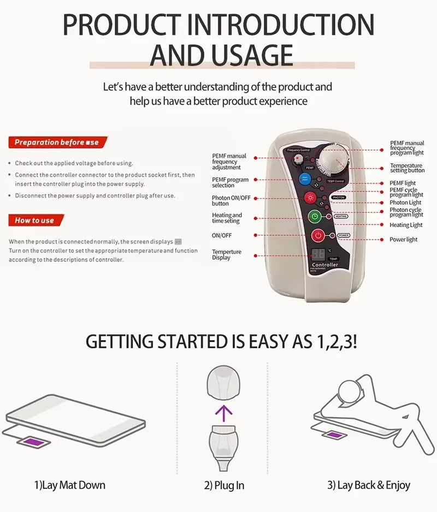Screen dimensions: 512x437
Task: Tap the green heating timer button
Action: coord(314,216)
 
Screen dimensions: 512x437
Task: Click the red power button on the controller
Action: coord(318,236)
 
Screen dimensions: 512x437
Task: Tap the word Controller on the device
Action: coord(324,265)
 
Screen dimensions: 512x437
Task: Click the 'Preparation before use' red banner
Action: coord(57,142)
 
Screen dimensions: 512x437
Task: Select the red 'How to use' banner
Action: coord(36,221)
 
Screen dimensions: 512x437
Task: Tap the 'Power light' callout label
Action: coord(403,240)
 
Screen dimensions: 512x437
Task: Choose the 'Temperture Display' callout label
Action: coord(227,255)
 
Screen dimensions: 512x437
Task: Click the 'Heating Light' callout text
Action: coord(406,225)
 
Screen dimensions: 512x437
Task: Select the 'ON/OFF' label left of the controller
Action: coord(222,235)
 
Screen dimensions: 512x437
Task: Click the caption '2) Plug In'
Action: coord(224,485)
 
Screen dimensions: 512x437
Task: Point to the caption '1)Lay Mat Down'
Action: coord(69,485)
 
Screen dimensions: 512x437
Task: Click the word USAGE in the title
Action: coord(221,55)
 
